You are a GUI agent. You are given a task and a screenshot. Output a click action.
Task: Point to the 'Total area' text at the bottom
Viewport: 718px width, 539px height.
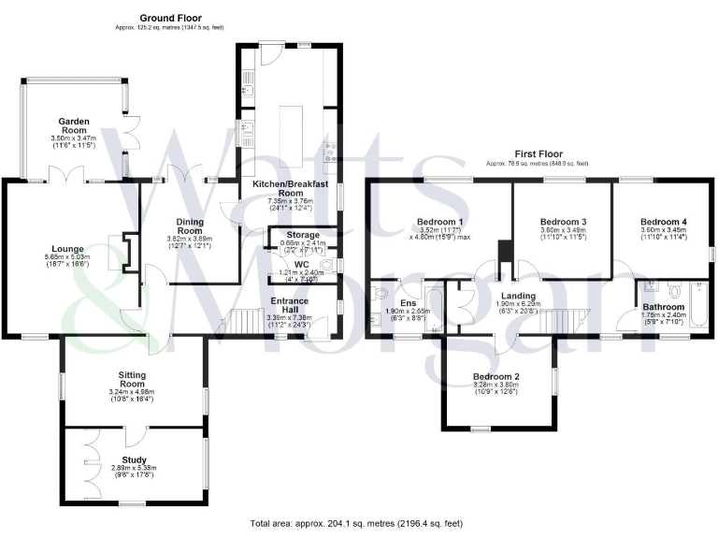point(356,523)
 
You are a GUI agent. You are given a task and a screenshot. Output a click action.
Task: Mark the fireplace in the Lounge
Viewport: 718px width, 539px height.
point(117,251)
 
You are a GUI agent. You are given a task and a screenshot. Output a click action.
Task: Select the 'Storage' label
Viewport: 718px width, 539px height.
point(302,235)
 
